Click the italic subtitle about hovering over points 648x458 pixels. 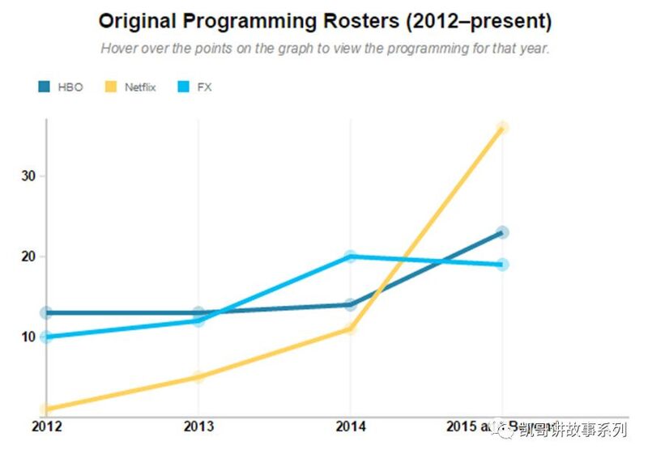point(325,48)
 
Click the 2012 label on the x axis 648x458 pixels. point(45,426)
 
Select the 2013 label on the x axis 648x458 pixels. point(198,426)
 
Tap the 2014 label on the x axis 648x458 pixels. point(350,426)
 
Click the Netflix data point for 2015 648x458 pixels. point(502,128)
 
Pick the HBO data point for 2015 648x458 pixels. point(502,232)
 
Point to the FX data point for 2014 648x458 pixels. point(350,257)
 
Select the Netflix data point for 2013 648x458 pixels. point(198,377)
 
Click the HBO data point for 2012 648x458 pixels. point(46,312)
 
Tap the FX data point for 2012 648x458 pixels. point(46,337)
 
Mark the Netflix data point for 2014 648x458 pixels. point(350,329)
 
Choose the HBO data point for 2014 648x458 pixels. point(350,304)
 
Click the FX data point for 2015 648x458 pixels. point(502,265)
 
